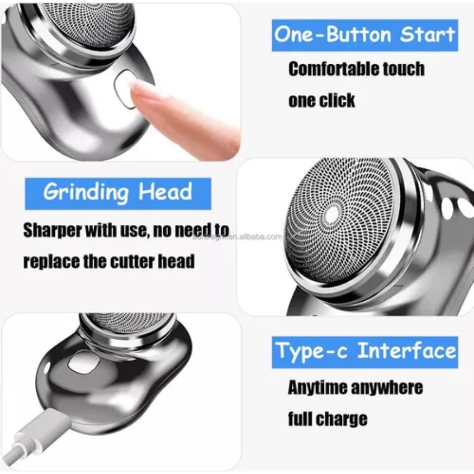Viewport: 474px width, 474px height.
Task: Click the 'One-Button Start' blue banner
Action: click(x=364, y=35)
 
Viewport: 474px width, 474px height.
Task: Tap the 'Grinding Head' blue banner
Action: click(x=118, y=193)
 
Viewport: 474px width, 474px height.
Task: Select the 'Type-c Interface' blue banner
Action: click(x=364, y=351)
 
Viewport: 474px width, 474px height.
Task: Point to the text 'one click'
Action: click(x=321, y=100)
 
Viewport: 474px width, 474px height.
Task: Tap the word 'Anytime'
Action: click(x=317, y=388)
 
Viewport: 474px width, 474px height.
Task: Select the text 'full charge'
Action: click(x=327, y=419)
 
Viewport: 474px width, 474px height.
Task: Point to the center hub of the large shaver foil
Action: click(x=332, y=214)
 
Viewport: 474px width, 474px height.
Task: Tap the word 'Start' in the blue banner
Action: click(x=427, y=35)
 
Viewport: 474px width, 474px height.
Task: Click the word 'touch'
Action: click(x=404, y=69)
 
